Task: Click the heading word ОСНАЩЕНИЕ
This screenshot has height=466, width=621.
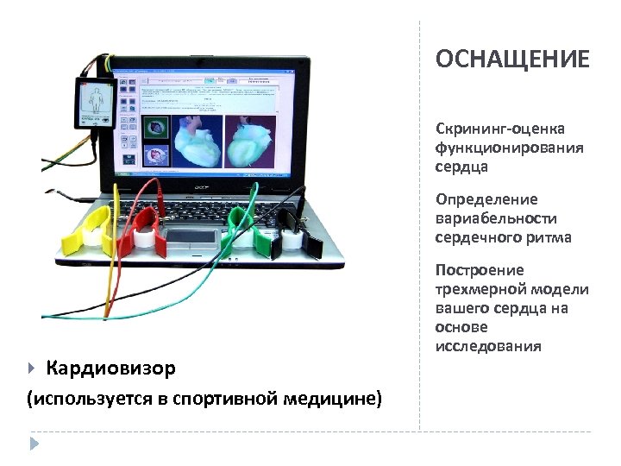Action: point(512,59)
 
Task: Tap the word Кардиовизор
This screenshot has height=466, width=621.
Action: point(110,368)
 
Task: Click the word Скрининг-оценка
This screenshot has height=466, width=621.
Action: point(500,129)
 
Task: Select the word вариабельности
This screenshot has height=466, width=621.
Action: point(496,218)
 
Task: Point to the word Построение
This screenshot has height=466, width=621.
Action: point(480,270)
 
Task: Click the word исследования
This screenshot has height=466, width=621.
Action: point(488,346)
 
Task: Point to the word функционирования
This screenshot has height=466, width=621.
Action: point(509,148)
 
